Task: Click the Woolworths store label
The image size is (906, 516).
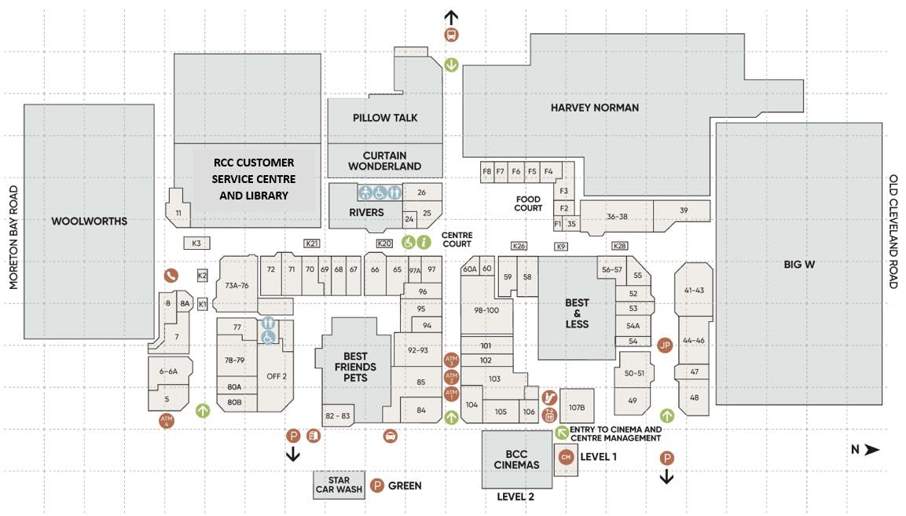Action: (89, 221)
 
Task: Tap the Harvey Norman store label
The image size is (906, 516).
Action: (594, 108)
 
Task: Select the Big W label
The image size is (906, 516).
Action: (798, 264)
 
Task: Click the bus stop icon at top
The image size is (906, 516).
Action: (451, 35)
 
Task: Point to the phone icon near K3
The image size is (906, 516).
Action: (171, 275)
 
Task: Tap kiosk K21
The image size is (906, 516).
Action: (313, 243)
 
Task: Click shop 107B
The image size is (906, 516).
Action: (577, 407)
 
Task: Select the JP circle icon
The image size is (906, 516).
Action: (666, 345)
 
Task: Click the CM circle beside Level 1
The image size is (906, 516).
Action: (565, 456)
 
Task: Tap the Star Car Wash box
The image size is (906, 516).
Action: (339, 485)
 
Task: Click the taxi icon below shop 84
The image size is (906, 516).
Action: (390, 435)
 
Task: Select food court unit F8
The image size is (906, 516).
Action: (486, 171)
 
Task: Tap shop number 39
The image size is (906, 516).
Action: (684, 210)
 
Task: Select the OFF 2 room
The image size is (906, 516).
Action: (277, 375)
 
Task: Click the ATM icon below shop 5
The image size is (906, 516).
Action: (166, 420)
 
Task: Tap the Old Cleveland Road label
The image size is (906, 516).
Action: (893, 232)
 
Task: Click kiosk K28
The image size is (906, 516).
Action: (620, 247)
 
